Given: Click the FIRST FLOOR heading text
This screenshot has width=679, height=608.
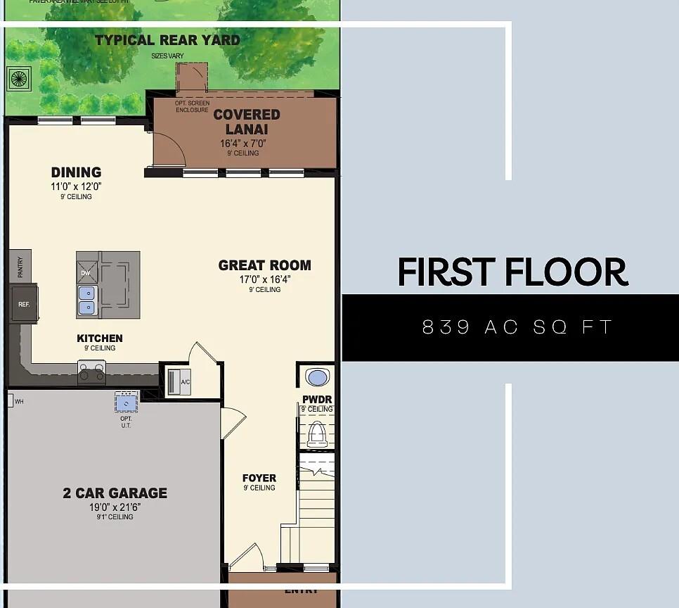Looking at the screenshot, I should point(512,272).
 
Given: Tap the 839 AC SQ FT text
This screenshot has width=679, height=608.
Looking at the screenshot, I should point(517,327).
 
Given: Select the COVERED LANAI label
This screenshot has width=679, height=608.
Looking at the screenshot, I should point(247,122).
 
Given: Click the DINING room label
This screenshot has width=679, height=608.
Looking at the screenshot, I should point(76,172).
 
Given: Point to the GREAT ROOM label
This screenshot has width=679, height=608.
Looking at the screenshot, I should point(264,265).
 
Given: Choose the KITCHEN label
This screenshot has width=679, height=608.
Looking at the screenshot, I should point(100,338).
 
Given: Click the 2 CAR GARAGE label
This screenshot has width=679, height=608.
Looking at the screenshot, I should point(115,493).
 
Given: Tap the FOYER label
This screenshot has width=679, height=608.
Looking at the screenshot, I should point(259,479).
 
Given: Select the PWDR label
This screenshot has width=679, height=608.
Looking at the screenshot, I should point(317,400).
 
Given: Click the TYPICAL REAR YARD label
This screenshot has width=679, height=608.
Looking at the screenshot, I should point(167,40).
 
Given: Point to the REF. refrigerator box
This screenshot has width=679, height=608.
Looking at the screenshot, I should point(23,304).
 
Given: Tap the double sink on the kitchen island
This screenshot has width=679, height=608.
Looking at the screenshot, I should point(87,300).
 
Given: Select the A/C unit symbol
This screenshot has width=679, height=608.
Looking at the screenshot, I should point(178,381).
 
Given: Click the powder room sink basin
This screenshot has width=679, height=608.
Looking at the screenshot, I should point(318,378).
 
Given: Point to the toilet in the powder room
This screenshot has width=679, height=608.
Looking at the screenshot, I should point(318,433).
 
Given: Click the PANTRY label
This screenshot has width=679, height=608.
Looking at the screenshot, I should point(20,267).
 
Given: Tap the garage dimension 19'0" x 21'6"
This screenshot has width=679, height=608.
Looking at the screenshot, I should point(115,507).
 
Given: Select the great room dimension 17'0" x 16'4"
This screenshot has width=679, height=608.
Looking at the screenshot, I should point(264,279).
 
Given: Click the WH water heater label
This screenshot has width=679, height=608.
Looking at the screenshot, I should point(19,402).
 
